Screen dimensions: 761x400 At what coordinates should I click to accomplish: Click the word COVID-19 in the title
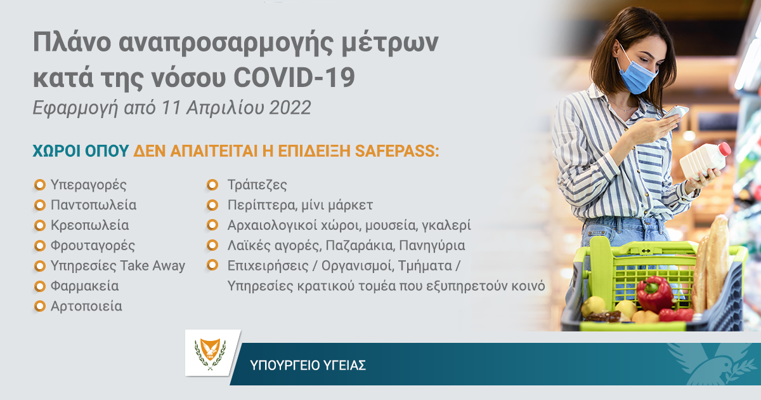coord(294,77)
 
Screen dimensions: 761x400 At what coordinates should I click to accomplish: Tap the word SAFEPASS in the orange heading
coord(397,151)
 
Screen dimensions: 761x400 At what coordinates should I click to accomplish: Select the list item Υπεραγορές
coord(88,185)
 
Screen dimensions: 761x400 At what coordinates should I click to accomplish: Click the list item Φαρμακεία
coord(84,286)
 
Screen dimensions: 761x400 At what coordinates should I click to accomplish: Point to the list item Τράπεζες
coord(257,185)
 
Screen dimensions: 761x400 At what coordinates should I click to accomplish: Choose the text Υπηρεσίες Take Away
coord(118,266)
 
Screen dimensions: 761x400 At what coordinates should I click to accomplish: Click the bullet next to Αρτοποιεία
coord(40,306)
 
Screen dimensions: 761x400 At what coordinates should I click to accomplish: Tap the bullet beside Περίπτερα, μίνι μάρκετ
coord(212,205)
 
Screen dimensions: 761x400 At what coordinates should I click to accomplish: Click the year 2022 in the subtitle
coord(290,107)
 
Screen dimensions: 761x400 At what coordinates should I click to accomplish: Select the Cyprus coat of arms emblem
coord(210,354)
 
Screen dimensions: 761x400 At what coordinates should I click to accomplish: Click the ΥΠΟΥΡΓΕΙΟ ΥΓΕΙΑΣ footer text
coord(308,365)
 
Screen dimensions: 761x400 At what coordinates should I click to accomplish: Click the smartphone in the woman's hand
coord(676,112)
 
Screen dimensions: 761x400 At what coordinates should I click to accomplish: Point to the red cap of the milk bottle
coord(724,149)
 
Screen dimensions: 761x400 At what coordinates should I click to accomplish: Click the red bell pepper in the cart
coord(654,293)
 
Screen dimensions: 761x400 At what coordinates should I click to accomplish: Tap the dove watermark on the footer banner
coord(713,363)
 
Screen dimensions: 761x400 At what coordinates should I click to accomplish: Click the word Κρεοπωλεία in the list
coord(89,225)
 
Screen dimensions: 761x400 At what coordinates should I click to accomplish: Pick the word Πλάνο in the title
coord(72,43)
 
